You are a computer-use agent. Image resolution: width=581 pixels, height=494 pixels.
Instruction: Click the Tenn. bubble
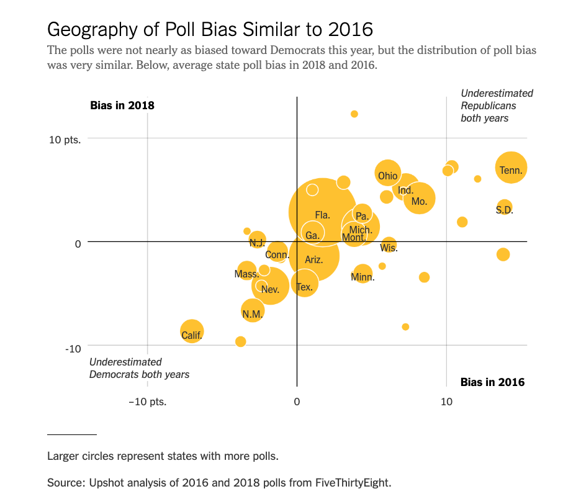[x=511, y=168]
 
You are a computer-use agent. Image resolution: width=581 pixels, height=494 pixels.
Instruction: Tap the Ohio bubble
[x=387, y=174]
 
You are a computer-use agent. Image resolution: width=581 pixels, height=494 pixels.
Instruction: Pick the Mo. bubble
[x=419, y=199]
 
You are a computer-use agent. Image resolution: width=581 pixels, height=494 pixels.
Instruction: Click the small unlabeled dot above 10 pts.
[x=354, y=114]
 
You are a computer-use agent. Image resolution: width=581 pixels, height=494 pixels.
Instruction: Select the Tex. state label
[x=304, y=287]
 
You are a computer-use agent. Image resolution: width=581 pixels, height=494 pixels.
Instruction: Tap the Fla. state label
[x=322, y=215]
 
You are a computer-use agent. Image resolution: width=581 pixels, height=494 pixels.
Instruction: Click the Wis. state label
[x=389, y=248]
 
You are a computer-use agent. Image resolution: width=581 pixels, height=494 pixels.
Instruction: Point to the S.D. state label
[x=504, y=210]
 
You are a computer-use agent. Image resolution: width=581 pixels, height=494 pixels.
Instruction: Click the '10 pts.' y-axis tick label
[x=65, y=139]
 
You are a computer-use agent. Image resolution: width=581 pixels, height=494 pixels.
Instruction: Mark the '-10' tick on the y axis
[x=73, y=349]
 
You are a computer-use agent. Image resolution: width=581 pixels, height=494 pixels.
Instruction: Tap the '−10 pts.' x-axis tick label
[x=147, y=402]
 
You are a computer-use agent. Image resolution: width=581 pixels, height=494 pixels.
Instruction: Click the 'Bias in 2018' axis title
[x=122, y=105]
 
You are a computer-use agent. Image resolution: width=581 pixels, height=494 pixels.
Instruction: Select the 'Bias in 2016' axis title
[x=492, y=382]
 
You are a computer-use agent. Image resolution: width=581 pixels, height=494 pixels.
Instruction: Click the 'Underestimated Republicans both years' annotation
[x=496, y=106]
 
